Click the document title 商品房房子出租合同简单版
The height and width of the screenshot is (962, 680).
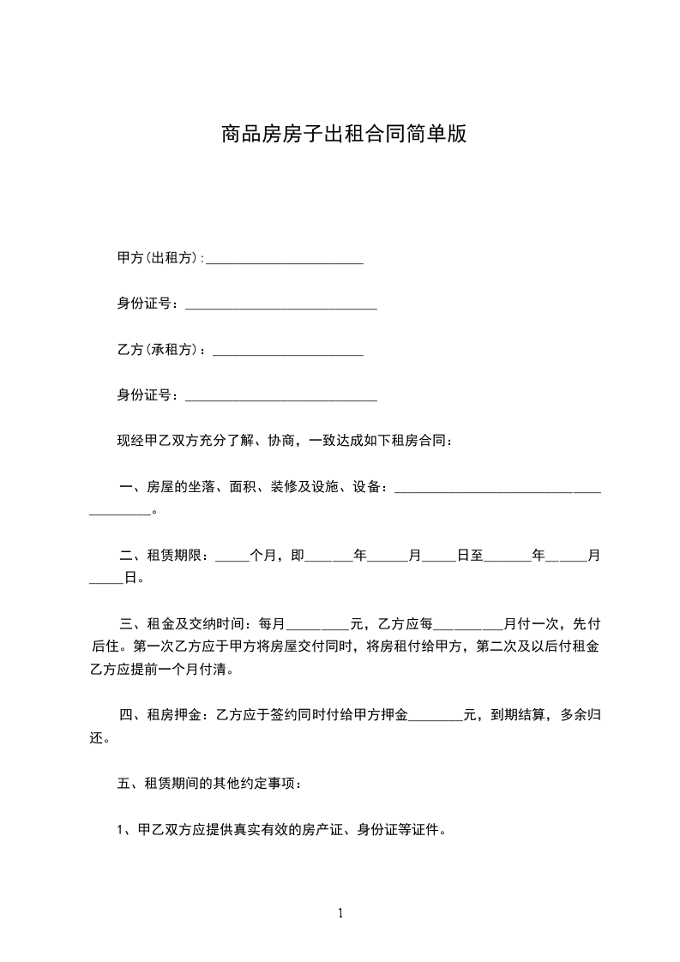[x=343, y=135]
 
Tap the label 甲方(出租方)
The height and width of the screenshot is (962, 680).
[x=159, y=258]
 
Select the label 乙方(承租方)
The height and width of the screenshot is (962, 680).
[x=159, y=350]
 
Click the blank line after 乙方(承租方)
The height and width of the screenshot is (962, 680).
[x=288, y=352]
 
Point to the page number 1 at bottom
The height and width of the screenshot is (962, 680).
[x=340, y=913]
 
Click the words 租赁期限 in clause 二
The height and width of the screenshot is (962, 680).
[x=177, y=556]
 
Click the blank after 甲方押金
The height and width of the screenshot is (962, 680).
[x=436, y=718]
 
